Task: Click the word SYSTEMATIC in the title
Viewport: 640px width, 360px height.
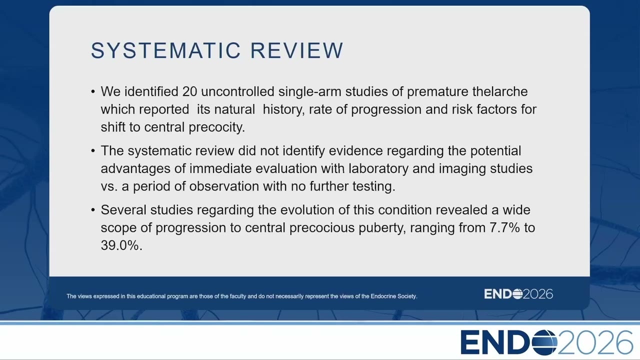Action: tap(166, 50)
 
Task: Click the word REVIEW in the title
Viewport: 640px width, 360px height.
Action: tap(297, 50)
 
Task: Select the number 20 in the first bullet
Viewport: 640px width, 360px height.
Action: tap(189, 91)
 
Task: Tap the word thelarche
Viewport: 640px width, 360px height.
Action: tap(500, 91)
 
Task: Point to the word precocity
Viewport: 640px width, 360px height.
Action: tap(217, 127)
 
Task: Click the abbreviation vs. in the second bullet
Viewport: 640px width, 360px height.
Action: tap(109, 186)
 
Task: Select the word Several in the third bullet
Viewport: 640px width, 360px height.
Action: tap(123, 210)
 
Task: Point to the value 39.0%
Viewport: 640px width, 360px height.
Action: tap(119, 245)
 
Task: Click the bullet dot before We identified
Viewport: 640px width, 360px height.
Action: tap(93, 92)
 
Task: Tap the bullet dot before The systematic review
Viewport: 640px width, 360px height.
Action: tap(93, 151)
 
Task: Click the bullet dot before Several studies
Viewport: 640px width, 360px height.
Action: tap(93, 210)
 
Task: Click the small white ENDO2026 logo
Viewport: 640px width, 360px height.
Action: tap(518, 294)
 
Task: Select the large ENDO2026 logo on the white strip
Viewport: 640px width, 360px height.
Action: tap(547, 342)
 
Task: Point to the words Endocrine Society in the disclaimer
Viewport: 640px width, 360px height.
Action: tap(393, 296)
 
